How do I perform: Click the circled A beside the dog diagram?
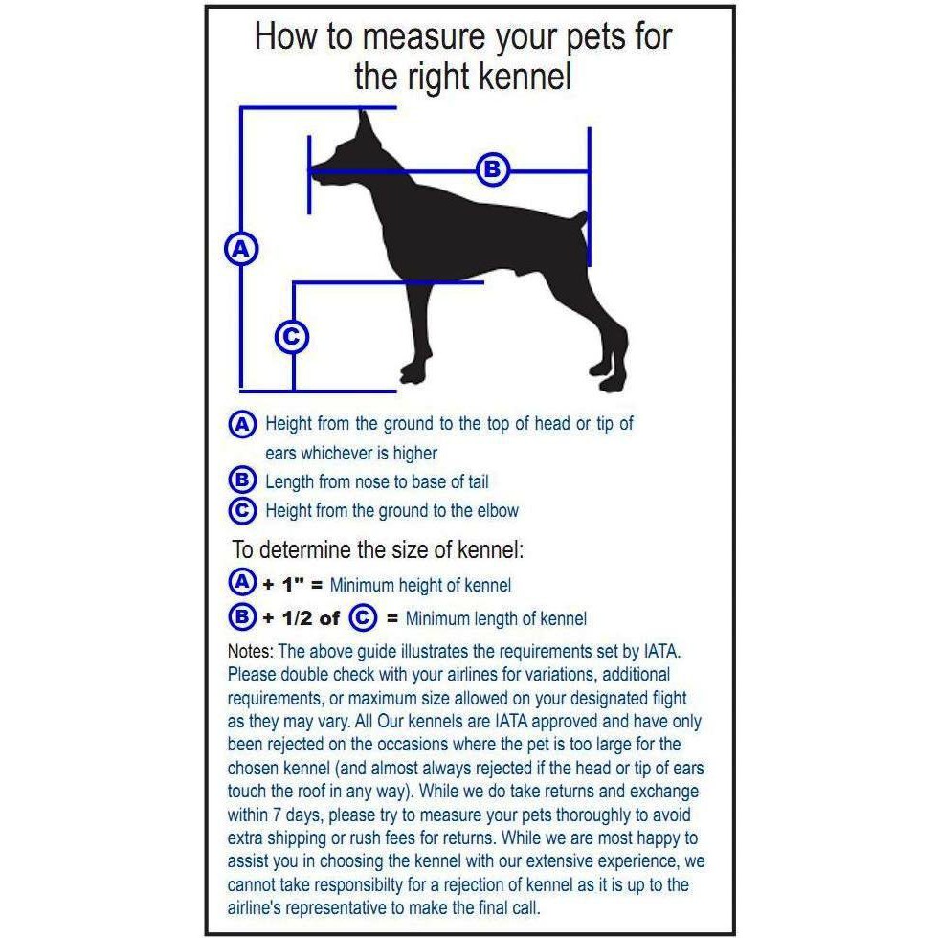[x=241, y=249]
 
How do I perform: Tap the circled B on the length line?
[x=492, y=170]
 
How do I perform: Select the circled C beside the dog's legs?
[x=292, y=337]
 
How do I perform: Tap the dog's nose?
[x=313, y=169]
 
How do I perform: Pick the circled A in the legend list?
[x=243, y=424]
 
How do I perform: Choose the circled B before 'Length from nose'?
[x=243, y=481]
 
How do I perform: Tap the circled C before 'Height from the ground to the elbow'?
[x=243, y=510]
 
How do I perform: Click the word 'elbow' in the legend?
[x=496, y=510]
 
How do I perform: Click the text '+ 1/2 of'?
[x=301, y=617]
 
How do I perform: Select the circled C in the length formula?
[x=363, y=617]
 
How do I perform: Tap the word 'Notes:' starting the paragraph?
[x=251, y=652]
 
